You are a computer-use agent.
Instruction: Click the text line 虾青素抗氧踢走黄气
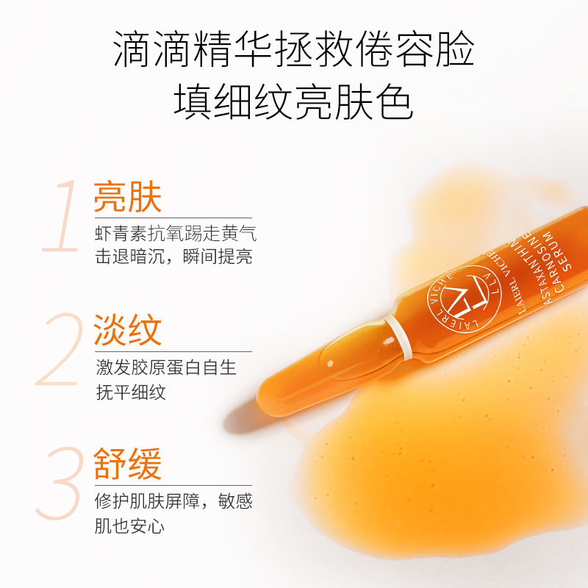[176, 234]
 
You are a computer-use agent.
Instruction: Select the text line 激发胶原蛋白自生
[166, 367]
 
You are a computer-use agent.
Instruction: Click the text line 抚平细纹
[131, 391]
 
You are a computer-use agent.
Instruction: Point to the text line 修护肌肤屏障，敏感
[173, 502]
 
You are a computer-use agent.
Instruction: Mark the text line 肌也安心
[131, 526]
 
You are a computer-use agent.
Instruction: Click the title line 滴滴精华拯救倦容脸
[294, 52]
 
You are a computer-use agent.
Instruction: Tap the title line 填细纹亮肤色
[294, 103]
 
